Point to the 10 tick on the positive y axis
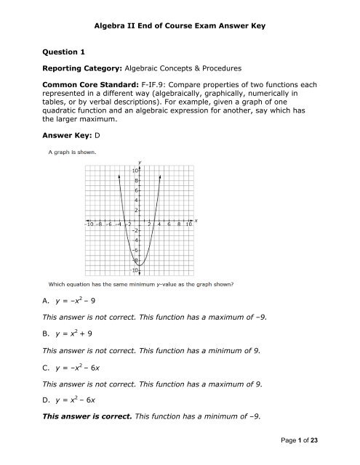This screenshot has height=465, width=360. click(135, 170)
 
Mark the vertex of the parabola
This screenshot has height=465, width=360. click(140, 264)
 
